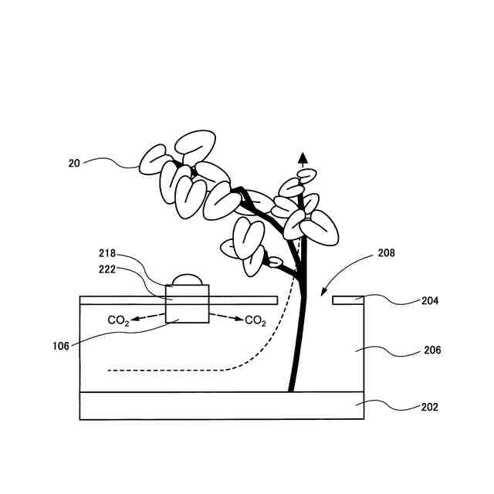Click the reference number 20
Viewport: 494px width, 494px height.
(x=74, y=163)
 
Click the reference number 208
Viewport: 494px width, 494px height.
(x=386, y=252)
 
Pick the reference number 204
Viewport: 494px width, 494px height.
(x=430, y=301)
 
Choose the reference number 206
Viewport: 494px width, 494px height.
(x=432, y=350)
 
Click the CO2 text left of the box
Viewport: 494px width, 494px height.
(x=118, y=320)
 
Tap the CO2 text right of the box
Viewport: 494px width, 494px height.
(x=255, y=320)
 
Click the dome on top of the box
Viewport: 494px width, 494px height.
(x=187, y=279)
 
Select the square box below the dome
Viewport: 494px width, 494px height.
(x=188, y=304)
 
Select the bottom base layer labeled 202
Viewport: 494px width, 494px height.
(x=222, y=406)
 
